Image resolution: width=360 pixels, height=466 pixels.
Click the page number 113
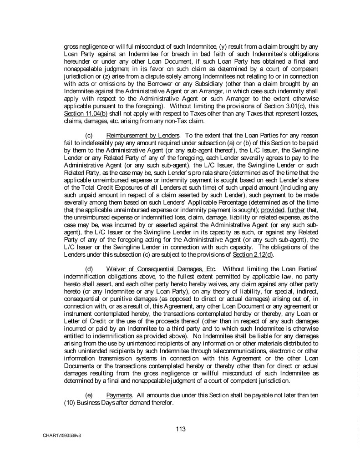(181, 429)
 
